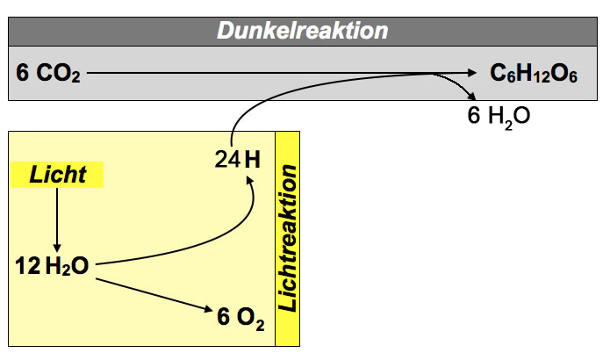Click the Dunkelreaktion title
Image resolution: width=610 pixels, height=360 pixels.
click(303, 31)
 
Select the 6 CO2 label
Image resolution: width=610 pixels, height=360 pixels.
click(47, 74)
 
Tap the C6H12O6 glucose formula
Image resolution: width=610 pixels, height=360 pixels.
click(533, 74)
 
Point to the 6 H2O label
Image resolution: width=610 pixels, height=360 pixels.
click(498, 115)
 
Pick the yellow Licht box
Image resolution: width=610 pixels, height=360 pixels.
click(58, 175)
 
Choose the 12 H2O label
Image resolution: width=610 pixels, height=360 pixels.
click(52, 266)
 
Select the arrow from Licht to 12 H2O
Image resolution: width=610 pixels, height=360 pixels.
click(57, 220)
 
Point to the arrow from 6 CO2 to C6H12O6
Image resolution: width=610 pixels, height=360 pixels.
click(281, 74)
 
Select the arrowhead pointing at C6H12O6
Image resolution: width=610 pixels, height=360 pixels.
click(474, 74)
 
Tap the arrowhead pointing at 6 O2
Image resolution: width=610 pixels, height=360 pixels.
click(208, 310)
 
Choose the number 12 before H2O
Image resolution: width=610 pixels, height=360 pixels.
click(26, 266)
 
